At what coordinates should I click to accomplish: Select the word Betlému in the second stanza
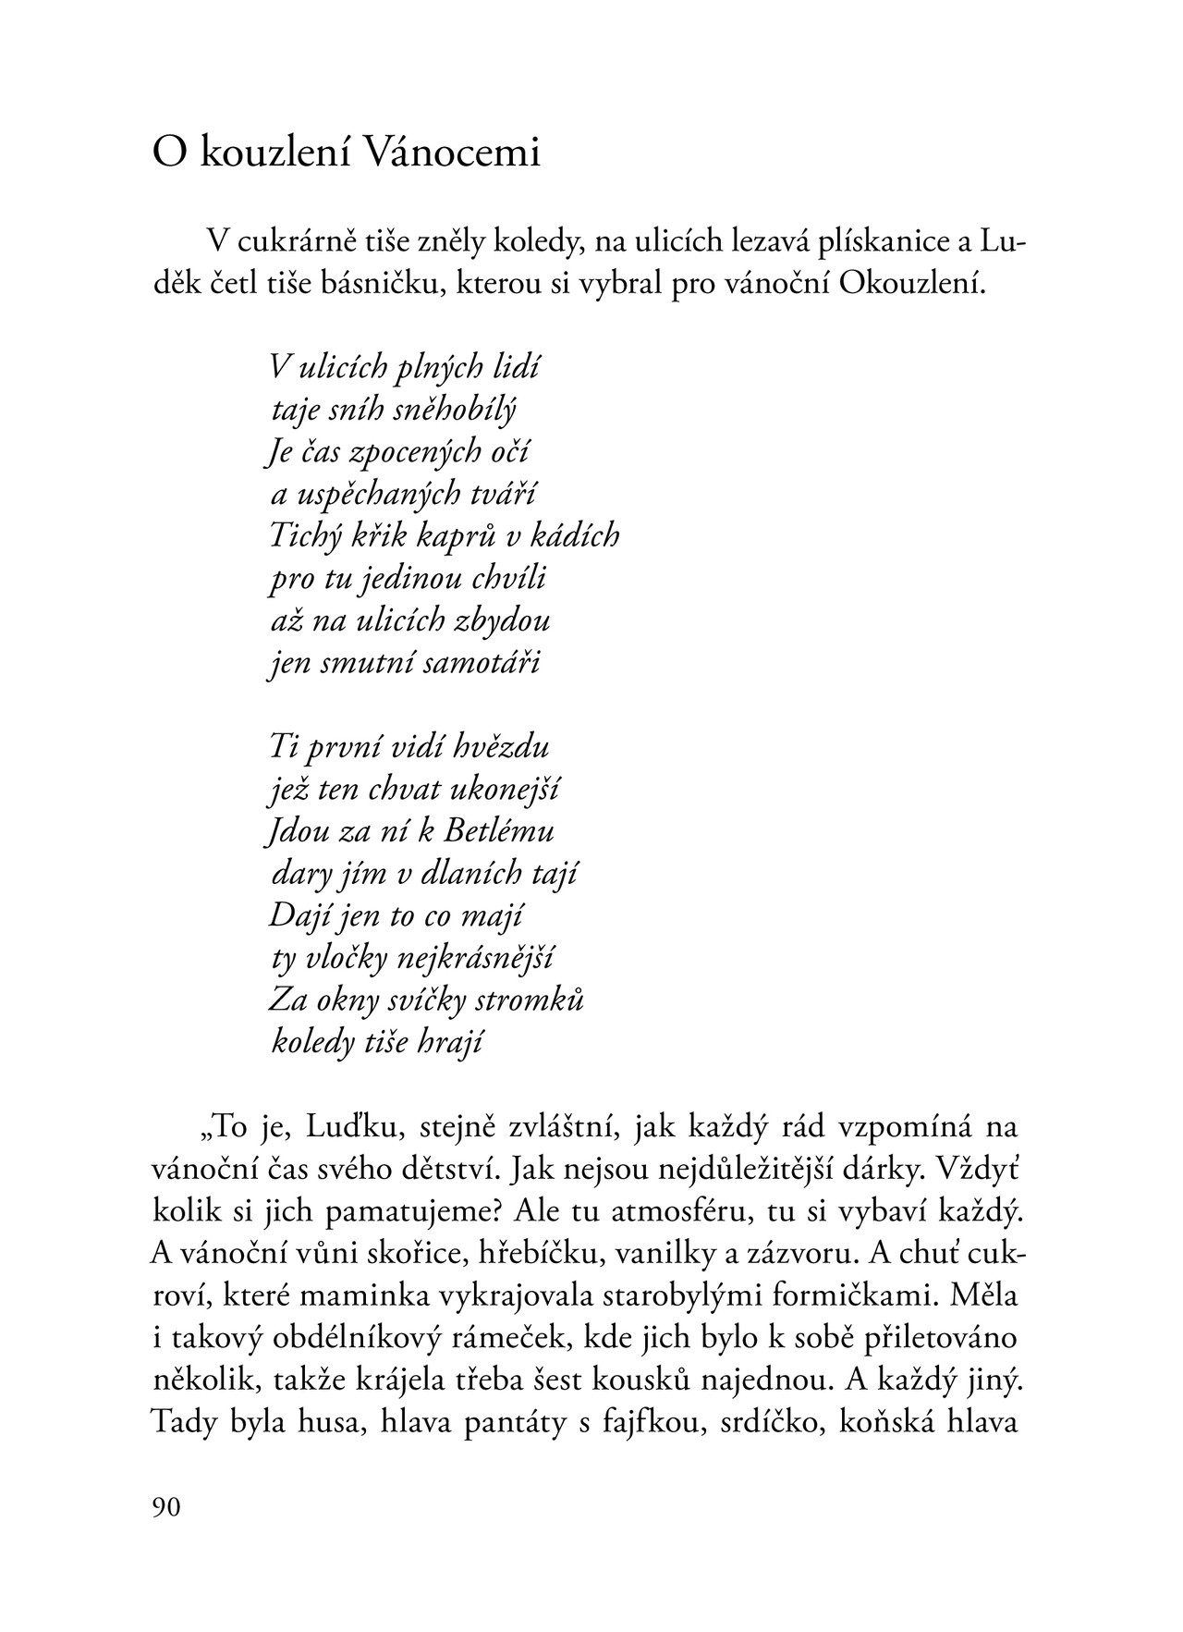click(x=499, y=831)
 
